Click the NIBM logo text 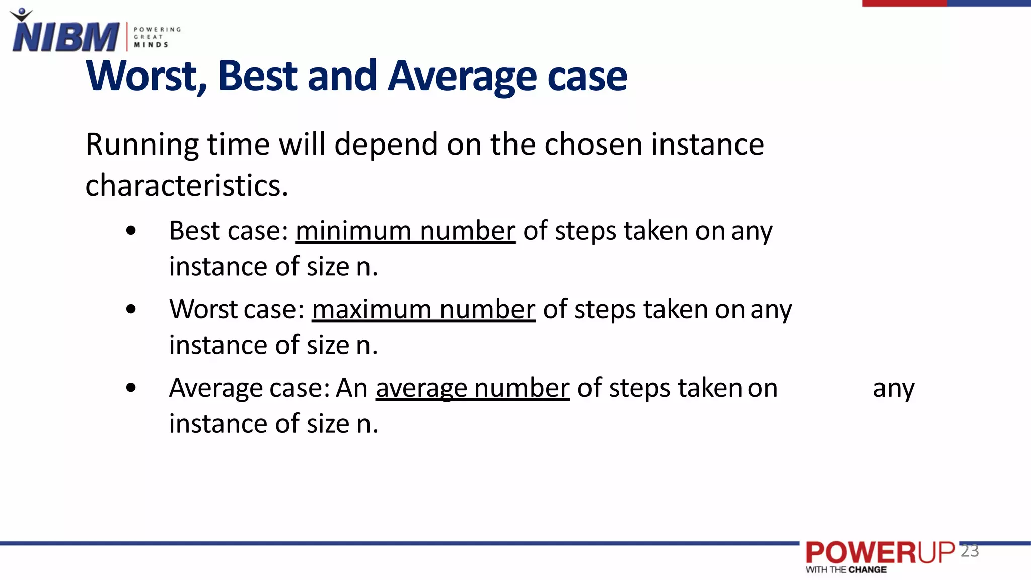[65, 37]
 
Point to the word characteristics [186, 186]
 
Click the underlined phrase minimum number [405, 231]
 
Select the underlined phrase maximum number [423, 310]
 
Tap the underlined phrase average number [472, 388]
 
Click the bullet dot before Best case [131, 231]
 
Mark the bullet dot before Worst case [131, 309]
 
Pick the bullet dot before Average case [131, 388]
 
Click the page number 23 [969, 551]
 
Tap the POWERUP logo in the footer [880, 553]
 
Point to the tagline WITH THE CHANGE [846, 570]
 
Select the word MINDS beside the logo [151, 45]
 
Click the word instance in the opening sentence [707, 144]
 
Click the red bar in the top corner [905, 3]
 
